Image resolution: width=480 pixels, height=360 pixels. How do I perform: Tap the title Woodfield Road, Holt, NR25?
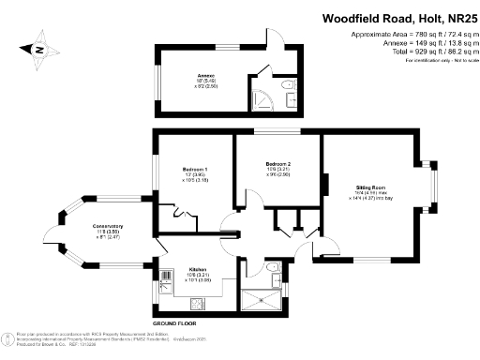tap(397, 18)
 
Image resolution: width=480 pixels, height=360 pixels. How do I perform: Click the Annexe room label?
tap(206, 76)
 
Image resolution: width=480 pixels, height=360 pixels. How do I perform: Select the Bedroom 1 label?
tap(195, 170)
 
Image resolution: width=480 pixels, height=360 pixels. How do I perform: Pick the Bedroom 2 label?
tap(277, 165)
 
